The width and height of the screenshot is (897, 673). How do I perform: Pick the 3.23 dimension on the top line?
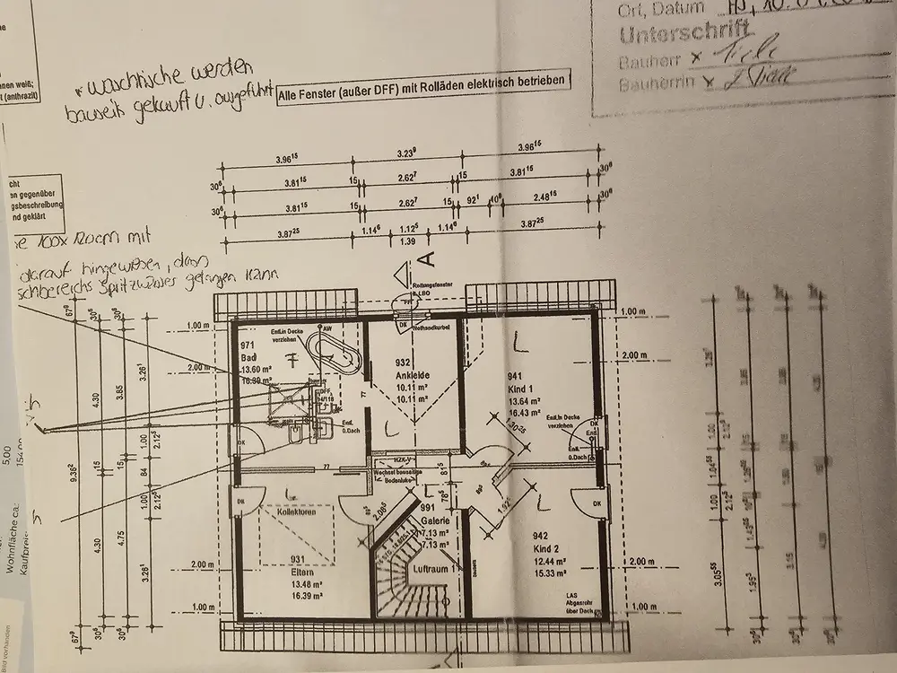[x=405, y=155]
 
